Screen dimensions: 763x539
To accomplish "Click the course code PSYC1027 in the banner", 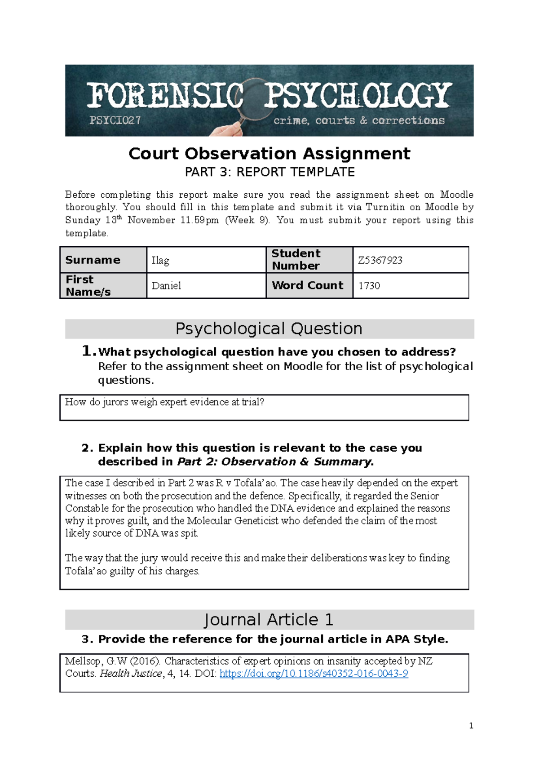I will (115, 120).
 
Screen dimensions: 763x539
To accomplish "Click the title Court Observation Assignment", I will (269, 154).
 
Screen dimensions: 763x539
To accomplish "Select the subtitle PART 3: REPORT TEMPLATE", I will (269, 172).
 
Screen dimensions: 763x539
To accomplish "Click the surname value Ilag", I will (160, 261).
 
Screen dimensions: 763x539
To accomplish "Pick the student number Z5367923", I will (380, 261).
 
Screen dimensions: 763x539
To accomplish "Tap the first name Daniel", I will (166, 286).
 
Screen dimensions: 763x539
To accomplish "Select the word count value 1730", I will (369, 286).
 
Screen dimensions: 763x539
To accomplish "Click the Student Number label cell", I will (296, 260).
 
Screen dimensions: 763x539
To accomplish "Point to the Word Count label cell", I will (308, 285).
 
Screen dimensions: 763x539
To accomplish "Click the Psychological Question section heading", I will (269, 329).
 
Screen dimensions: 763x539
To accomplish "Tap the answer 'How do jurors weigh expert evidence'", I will (164, 402).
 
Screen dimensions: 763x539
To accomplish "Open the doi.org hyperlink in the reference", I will (314, 674).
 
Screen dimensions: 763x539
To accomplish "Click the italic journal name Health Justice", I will (131, 674).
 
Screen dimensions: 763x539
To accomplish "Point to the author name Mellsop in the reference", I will (83, 661).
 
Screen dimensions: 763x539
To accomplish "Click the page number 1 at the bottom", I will (471, 726).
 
